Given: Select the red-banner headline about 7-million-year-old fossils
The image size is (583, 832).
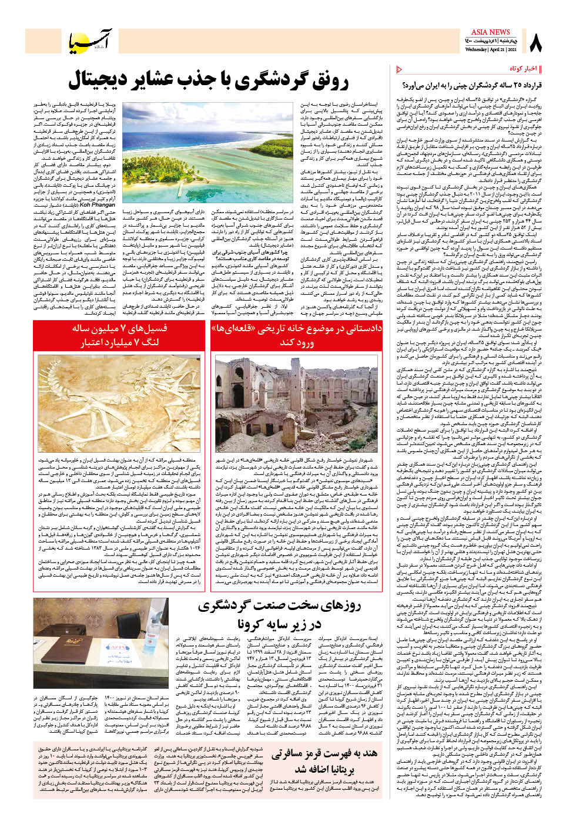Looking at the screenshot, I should tap(119, 335).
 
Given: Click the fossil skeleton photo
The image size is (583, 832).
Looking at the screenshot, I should tap(120, 402).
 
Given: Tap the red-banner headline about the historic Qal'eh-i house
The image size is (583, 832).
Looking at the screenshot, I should tap(296, 335).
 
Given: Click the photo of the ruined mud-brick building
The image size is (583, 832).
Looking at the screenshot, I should tap(296, 402).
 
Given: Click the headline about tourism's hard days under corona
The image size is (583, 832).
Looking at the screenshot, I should tap(279, 614).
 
